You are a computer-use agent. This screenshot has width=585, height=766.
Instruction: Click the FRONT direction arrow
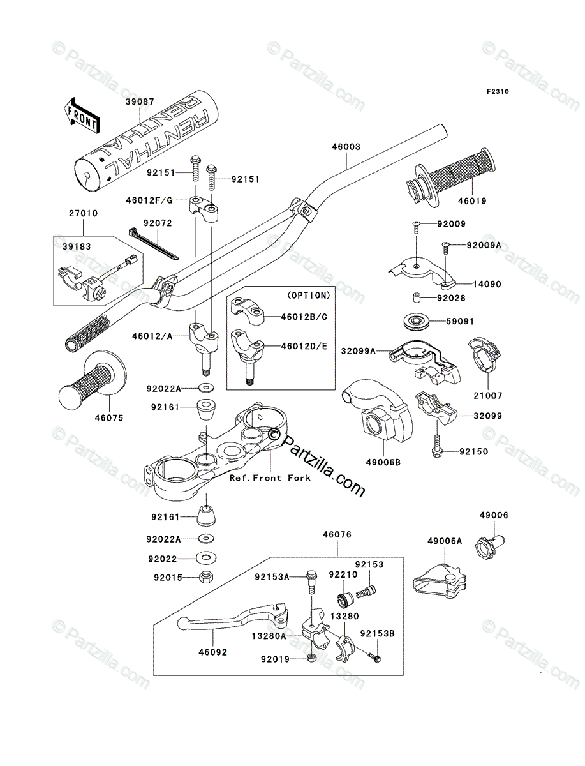click(x=81, y=115)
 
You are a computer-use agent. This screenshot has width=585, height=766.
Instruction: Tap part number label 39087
click(x=140, y=102)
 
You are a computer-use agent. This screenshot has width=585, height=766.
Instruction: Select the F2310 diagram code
click(x=498, y=91)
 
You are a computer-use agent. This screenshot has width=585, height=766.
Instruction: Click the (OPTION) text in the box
click(x=309, y=296)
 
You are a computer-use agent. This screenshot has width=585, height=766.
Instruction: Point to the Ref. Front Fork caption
click(x=270, y=478)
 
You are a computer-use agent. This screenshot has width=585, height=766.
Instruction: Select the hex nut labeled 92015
click(x=206, y=577)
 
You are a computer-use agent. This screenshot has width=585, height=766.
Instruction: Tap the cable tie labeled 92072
click(x=153, y=244)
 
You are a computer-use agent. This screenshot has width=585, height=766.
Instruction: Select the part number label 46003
click(x=346, y=147)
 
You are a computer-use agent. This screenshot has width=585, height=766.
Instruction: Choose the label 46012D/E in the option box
click(x=304, y=347)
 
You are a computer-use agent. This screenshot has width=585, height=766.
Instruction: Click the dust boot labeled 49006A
click(x=440, y=581)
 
